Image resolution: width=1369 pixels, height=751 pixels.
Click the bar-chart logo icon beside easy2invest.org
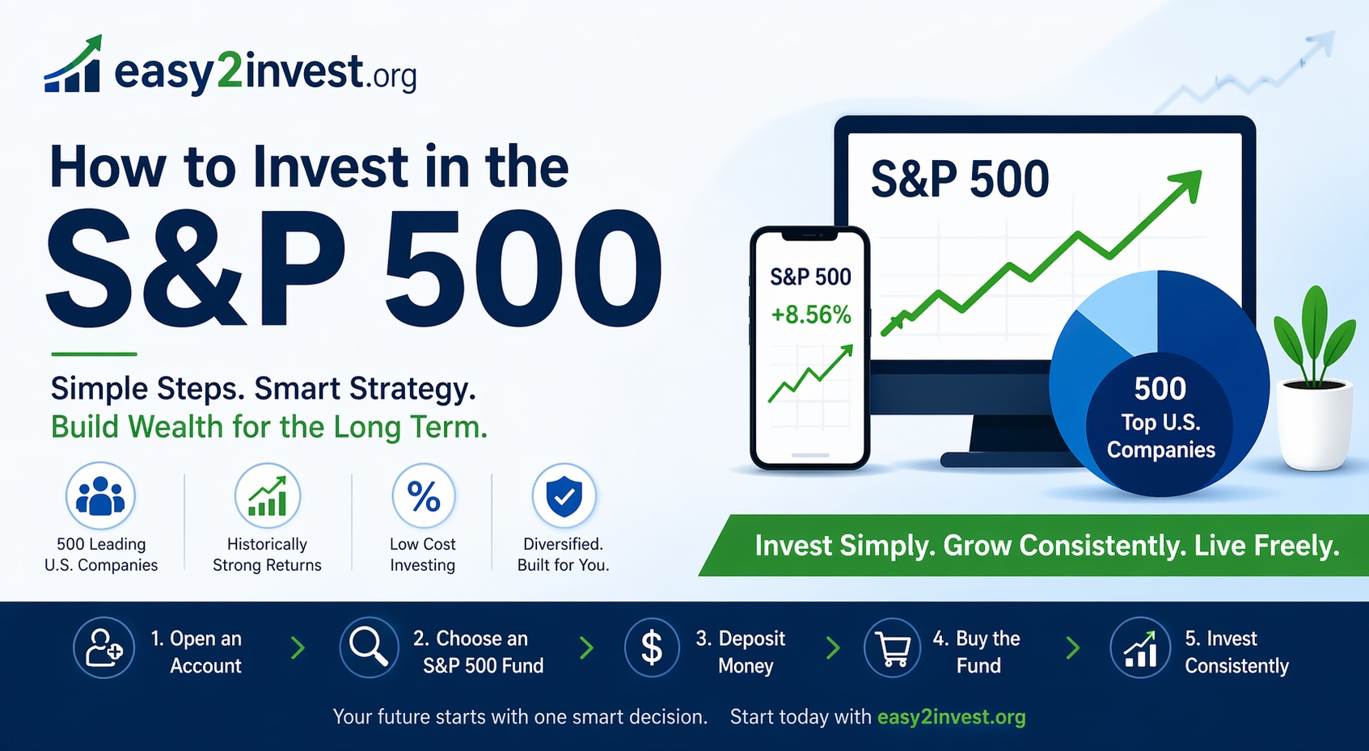[x=73, y=66]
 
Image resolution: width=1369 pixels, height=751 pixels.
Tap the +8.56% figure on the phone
[x=810, y=314]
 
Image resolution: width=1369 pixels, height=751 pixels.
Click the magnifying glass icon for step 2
[x=369, y=647]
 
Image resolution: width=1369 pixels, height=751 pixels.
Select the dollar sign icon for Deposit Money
[x=652, y=648]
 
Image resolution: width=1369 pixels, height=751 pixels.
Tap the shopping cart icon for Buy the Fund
[x=893, y=648]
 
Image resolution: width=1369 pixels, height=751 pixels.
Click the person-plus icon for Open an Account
[x=104, y=648]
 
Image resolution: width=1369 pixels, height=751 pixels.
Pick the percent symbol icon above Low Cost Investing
[x=424, y=496]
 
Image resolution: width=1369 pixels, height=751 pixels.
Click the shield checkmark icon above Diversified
[x=564, y=496]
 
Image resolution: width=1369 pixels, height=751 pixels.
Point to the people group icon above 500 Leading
[x=100, y=496]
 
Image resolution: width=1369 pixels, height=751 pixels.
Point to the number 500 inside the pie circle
[x=1160, y=389]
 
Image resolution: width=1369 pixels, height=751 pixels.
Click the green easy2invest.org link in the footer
[x=951, y=717]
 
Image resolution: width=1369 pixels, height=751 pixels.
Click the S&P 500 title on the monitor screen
[x=960, y=179]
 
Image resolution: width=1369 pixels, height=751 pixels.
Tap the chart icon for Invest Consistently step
[x=1140, y=648]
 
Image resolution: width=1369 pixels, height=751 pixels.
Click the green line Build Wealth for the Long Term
[x=269, y=427]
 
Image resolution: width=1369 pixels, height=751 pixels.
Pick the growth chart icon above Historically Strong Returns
[x=268, y=496]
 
